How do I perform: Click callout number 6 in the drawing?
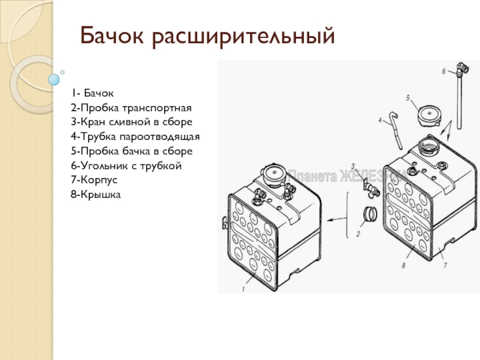443,71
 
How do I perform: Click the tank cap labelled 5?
430,116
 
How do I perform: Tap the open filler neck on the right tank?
430,146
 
